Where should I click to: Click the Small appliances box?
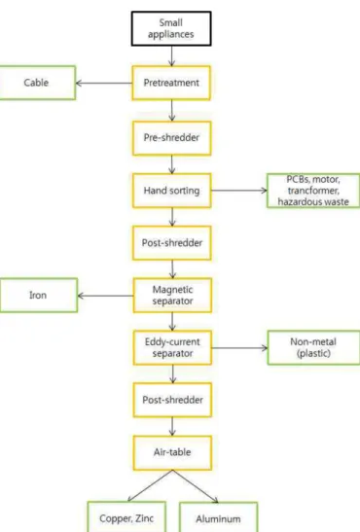point(171,28)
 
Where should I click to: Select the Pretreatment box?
point(171,83)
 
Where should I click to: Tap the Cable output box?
point(37,83)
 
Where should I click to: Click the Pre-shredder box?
point(171,138)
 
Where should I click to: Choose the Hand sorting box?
point(171,191)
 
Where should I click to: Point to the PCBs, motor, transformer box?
point(313,191)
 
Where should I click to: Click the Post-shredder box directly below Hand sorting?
point(172,243)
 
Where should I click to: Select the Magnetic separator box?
point(172,296)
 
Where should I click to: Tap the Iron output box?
point(38,296)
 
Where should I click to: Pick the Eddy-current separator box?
point(172,348)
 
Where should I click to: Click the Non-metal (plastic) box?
point(313,348)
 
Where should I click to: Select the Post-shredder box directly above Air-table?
point(172,400)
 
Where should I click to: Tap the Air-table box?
point(172,452)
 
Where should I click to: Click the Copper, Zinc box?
point(126,517)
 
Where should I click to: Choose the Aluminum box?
point(218,517)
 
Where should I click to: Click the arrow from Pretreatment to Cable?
point(104,83)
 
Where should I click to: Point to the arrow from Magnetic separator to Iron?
point(105,296)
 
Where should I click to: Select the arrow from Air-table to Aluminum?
point(196,486)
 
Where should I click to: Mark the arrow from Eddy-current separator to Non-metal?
point(239,348)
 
